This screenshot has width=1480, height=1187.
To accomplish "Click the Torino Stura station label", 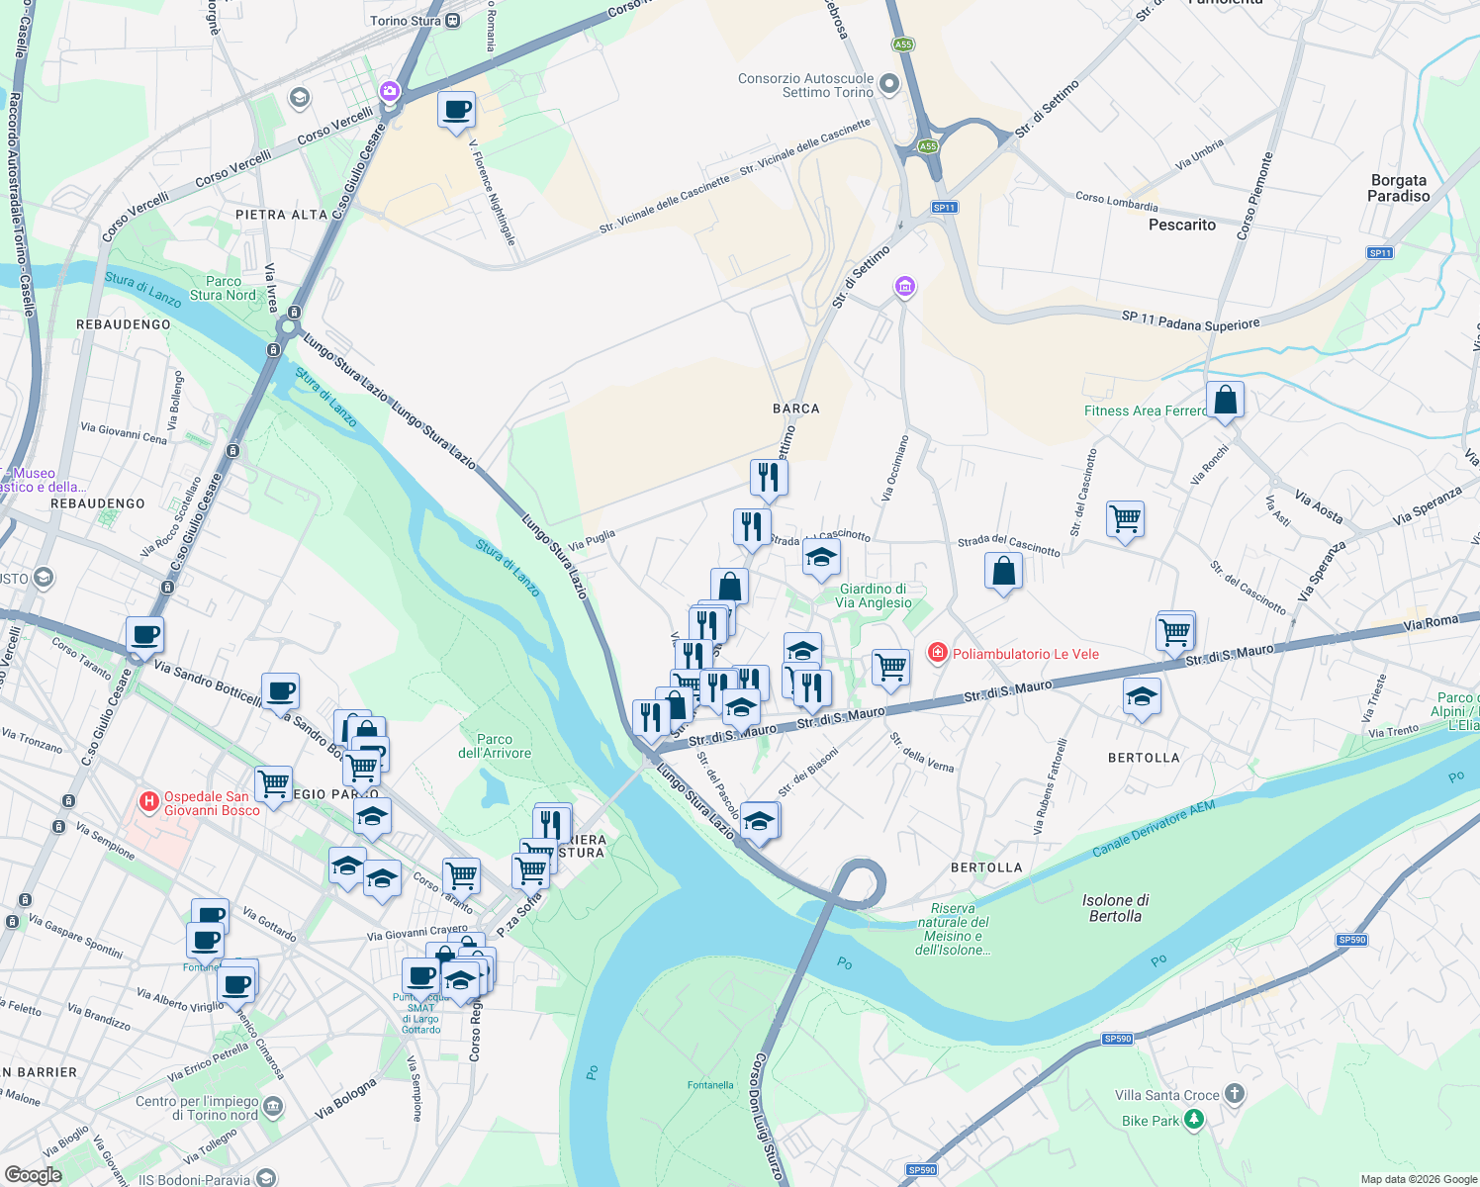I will pos(406,21).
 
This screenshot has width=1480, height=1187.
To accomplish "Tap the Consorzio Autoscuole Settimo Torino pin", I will pos(888,84).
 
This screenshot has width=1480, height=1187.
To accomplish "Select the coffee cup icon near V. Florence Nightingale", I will pos(456,111).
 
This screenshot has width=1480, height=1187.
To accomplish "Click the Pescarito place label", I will pos(1181,225).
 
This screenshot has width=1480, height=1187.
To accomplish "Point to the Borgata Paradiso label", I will pos(1399,188).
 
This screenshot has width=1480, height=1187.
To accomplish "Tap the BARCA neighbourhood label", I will pos(795,409).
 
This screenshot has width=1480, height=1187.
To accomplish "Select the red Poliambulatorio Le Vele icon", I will pos(936,653).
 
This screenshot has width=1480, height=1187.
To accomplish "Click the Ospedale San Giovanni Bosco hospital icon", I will pos(149,802).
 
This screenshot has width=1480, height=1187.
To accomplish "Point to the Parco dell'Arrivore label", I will pos(495,746).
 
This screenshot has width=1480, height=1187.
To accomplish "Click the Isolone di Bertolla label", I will pos(1115,908).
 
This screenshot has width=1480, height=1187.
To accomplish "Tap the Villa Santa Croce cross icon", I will pos(1234,1094).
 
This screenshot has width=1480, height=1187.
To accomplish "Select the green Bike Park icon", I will pos(1194,1120).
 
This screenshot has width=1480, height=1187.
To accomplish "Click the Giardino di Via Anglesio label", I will pos(874,595).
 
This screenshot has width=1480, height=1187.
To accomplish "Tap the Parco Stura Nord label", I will pos(223,288).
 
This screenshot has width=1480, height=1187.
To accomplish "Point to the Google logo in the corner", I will pos(33,1174).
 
